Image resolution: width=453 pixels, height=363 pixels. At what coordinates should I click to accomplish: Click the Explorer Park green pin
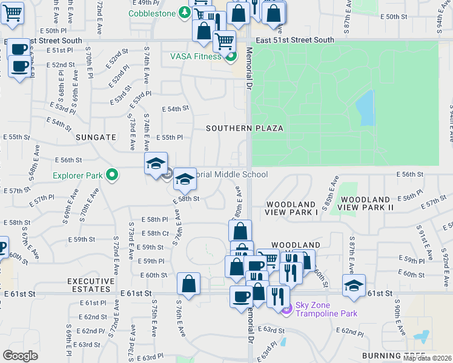[111, 176]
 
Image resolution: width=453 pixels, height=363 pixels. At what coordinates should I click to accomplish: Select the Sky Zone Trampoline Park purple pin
[287, 309]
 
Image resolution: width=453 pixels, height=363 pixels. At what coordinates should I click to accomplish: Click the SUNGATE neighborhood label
[96, 137]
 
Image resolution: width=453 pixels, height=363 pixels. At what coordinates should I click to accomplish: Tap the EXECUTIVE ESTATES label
[91, 286]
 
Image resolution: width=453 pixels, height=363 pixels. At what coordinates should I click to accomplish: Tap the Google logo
[20, 356]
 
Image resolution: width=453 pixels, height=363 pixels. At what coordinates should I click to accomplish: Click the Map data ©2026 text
[428, 358]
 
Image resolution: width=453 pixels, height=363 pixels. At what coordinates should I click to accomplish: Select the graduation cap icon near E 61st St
[354, 286]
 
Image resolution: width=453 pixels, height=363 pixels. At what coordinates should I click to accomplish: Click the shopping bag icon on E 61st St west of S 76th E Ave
[189, 285]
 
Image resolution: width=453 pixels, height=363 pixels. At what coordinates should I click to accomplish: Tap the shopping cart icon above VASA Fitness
[224, 42]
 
